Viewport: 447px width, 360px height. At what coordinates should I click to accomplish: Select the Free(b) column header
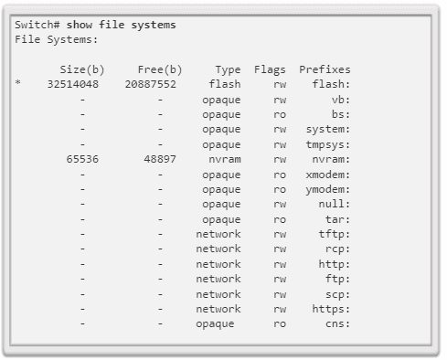coord(159,69)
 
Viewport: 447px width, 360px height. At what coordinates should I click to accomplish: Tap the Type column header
coord(228,69)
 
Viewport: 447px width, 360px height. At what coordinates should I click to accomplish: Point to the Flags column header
coord(270,69)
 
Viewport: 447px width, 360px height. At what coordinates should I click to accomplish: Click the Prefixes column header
coord(325,69)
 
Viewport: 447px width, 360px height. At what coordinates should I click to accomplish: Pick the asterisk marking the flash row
coord(17,85)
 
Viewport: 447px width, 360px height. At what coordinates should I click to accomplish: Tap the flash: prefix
coord(332,84)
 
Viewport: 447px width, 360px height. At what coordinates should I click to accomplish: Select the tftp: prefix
coord(335,234)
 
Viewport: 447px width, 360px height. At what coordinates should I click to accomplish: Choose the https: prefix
coord(331,309)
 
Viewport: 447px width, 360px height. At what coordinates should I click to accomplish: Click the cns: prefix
coord(337,323)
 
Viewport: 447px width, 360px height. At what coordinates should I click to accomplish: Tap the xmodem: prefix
coord(328,174)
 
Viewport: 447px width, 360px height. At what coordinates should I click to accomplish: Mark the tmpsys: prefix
coord(328,144)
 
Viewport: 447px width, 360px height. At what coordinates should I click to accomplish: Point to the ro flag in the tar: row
coord(279,219)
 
